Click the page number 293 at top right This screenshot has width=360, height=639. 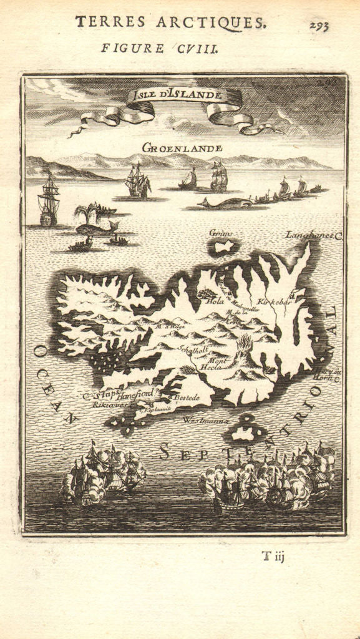coord(318,26)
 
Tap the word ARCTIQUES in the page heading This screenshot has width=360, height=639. coord(220,22)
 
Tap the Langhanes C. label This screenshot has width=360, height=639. coord(314,236)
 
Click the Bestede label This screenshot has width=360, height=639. coord(186,398)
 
